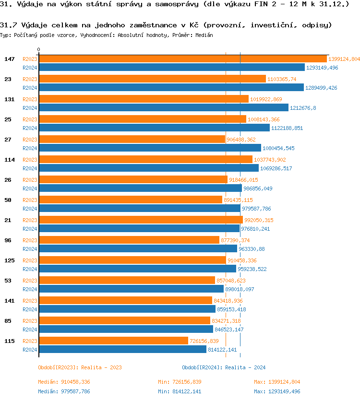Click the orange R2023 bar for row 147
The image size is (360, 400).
point(182,59)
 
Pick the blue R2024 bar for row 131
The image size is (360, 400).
point(163,108)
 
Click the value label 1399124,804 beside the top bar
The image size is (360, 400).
point(344,59)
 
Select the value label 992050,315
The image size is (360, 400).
point(259,220)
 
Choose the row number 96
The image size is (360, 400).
point(8,240)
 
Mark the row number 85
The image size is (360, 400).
point(8,321)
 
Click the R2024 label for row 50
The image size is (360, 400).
point(30,209)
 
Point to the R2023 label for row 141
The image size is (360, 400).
point(30,301)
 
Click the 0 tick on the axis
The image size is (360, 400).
point(39,49)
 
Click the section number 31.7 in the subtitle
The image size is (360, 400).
point(7,25)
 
